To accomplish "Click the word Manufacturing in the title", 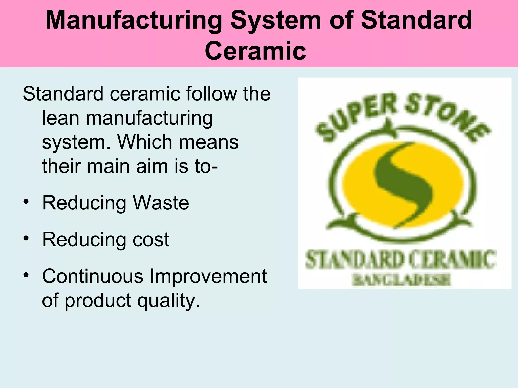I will click(x=134, y=21).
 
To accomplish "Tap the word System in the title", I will click(x=276, y=21).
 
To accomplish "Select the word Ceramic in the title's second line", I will click(x=255, y=51).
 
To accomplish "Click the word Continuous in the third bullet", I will click(x=93, y=276).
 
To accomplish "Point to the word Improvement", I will click(x=208, y=276).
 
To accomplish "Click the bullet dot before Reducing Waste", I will click(x=26, y=202).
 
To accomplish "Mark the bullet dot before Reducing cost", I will click(x=26, y=239).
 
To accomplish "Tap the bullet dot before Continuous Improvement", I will click(x=26, y=275).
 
